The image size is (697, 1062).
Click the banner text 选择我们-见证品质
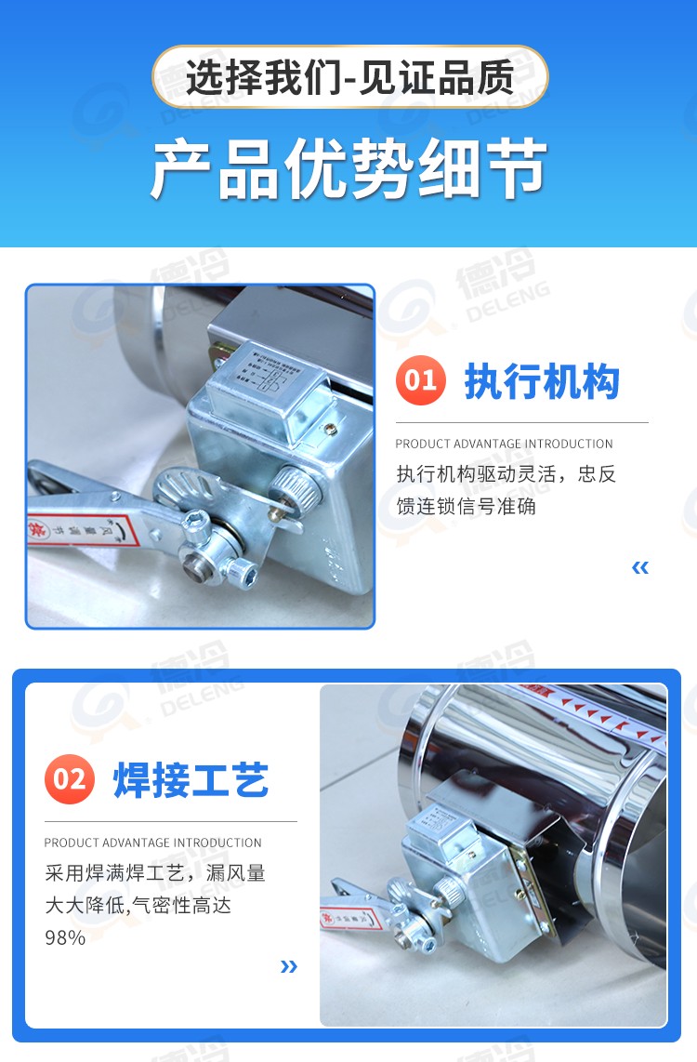349,77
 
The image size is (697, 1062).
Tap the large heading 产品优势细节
348,170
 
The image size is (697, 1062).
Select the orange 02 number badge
70,778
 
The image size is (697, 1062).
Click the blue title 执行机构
542,381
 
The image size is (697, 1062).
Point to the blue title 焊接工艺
191,779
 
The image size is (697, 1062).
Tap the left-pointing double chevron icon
639,567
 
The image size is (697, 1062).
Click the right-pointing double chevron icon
289,966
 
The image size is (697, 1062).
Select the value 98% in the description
65,937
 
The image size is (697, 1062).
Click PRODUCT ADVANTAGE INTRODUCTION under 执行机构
504,444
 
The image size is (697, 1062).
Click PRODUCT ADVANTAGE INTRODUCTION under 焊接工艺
153,843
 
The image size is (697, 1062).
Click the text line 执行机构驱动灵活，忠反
506,474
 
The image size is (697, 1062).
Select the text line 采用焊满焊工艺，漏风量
155,873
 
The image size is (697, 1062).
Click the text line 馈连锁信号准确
466,507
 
